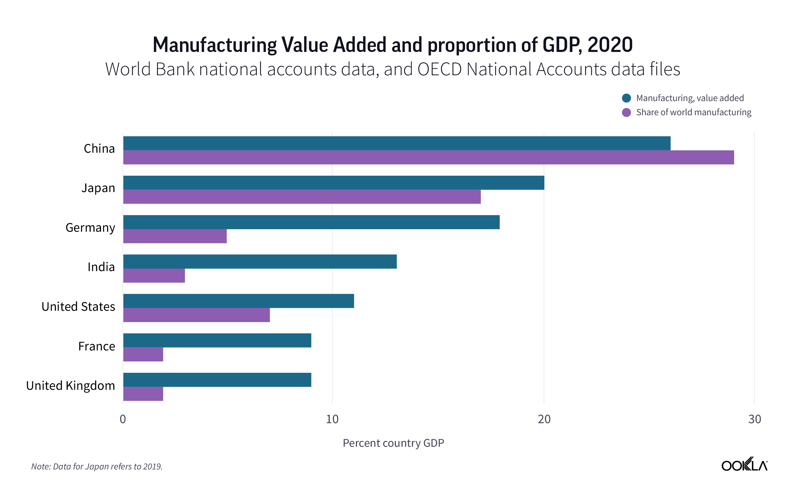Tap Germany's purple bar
[x=175, y=236]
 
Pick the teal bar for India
[x=260, y=261]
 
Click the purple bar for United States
[x=196, y=315]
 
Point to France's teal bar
[x=217, y=340]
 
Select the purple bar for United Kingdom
[x=143, y=394]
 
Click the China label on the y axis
[x=99, y=149]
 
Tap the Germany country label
[x=90, y=227]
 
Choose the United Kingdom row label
[x=70, y=385]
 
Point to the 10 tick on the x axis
[x=332, y=419]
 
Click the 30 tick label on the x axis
[x=754, y=419]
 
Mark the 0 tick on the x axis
[x=123, y=419]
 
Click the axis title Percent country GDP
[x=393, y=443]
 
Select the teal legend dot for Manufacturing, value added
[x=626, y=98]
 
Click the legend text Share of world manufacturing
[x=693, y=112]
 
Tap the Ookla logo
[x=744, y=464]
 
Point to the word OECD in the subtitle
[x=440, y=69]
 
